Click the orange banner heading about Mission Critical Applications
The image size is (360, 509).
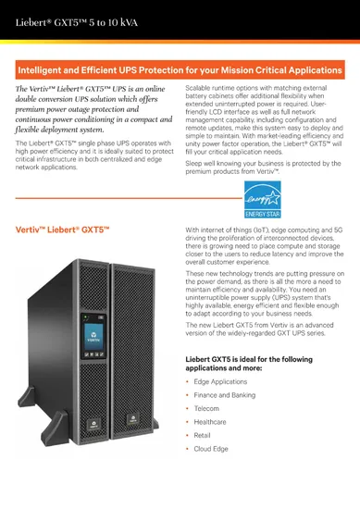click(180, 68)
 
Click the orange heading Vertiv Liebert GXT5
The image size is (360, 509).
click(57, 230)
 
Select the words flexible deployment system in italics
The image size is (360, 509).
click(65, 130)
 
